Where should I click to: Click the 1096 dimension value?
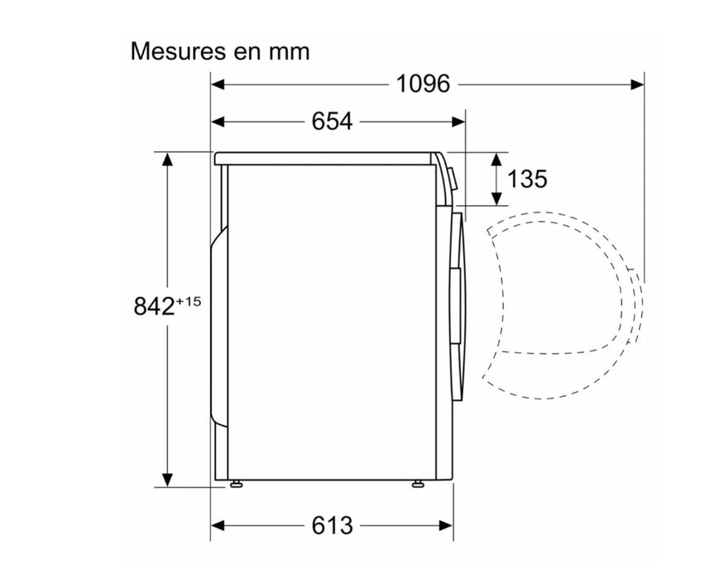click(x=423, y=84)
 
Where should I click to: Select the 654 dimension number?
click(x=332, y=122)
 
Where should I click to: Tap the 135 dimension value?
click(x=527, y=179)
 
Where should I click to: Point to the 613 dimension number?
click(x=332, y=526)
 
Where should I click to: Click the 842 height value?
click(x=155, y=306)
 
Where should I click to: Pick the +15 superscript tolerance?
click(x=188, y=301)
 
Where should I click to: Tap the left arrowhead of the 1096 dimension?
click(x=218, y=84)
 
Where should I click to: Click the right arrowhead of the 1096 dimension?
click(x=638, y=84)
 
